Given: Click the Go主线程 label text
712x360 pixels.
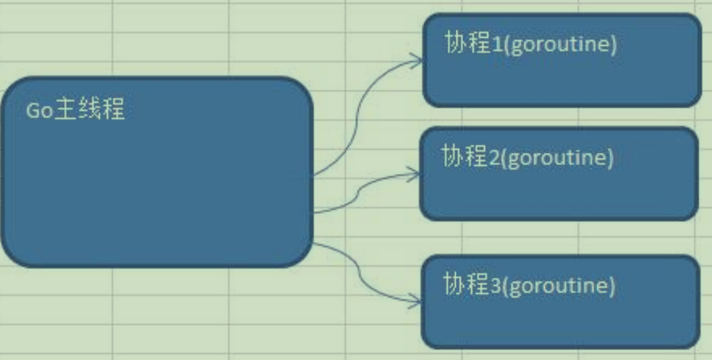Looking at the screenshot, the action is pos(75,110).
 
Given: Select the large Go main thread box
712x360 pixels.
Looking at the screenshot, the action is pos(157,172).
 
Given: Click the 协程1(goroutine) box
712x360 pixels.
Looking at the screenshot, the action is pos(562,61).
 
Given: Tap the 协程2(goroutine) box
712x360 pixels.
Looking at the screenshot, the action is pos(559,174).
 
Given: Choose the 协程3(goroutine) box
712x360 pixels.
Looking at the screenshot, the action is pos(561,302).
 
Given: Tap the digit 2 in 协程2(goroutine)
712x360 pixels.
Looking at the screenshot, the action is pos(494,158).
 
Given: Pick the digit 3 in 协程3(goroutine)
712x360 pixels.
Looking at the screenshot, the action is pos(496,287).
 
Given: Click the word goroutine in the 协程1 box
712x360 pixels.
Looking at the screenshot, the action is pos(560,47).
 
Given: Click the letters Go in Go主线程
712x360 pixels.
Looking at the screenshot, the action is pos(40,111).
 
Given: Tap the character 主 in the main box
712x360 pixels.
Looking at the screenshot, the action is pos(65,110).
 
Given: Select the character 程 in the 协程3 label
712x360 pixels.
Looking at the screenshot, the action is pos(478,284).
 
